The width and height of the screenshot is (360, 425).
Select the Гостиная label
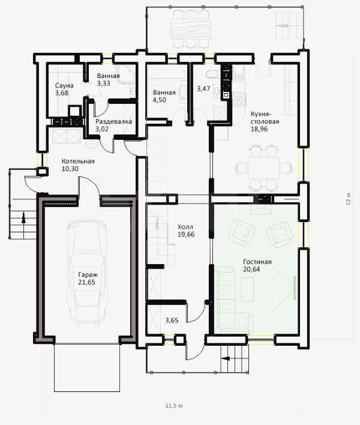pos(257,262)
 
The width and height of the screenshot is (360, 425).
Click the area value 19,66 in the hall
pos(186,235)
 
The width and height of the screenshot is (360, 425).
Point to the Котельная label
pos(78,161)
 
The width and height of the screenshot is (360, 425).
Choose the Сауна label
pos(64,86)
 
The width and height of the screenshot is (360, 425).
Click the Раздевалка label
pos(114,121)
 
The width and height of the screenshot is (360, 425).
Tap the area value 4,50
pos(160,100)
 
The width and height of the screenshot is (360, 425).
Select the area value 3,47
pos(203,89)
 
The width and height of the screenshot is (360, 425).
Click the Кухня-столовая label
pos(265,118)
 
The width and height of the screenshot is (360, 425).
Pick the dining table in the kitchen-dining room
pos(263,167)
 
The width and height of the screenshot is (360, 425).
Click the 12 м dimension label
pos(348,199)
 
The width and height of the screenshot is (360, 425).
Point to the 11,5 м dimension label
pos(174,406)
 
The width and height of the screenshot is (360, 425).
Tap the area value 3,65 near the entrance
pos(172,321)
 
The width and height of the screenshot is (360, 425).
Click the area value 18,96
pos(259,129)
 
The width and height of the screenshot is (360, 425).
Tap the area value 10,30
pos(70,169)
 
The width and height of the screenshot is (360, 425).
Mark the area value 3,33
pos(103,83)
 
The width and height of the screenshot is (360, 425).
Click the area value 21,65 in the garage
pos(86,282)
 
